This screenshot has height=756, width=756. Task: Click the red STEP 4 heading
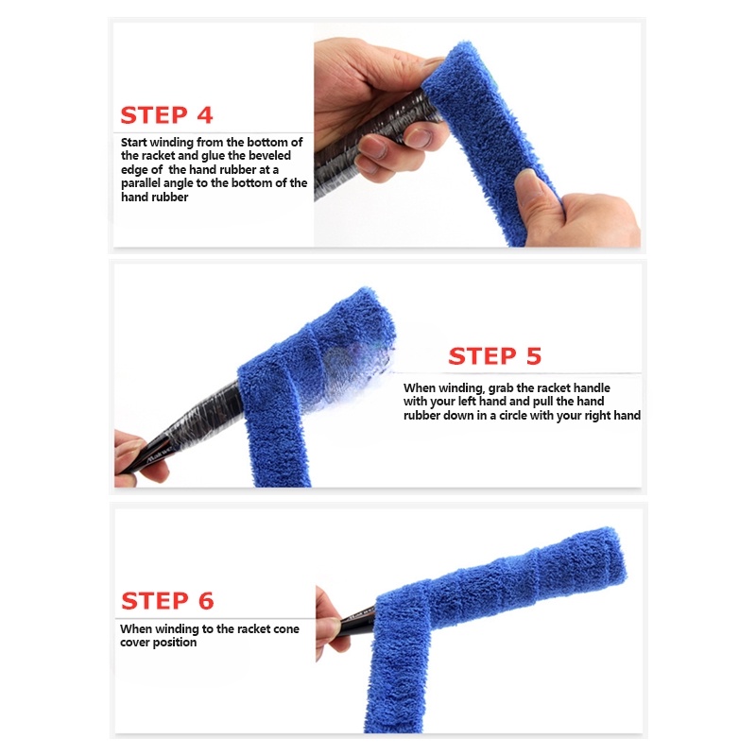(166, 115)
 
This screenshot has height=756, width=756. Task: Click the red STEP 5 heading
(494, 356)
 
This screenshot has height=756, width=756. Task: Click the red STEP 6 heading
(167, 600)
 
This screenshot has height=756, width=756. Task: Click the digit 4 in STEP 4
(204, 115)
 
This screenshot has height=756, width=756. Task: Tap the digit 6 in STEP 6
(205, 600)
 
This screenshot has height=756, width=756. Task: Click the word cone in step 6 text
(282, 628)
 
